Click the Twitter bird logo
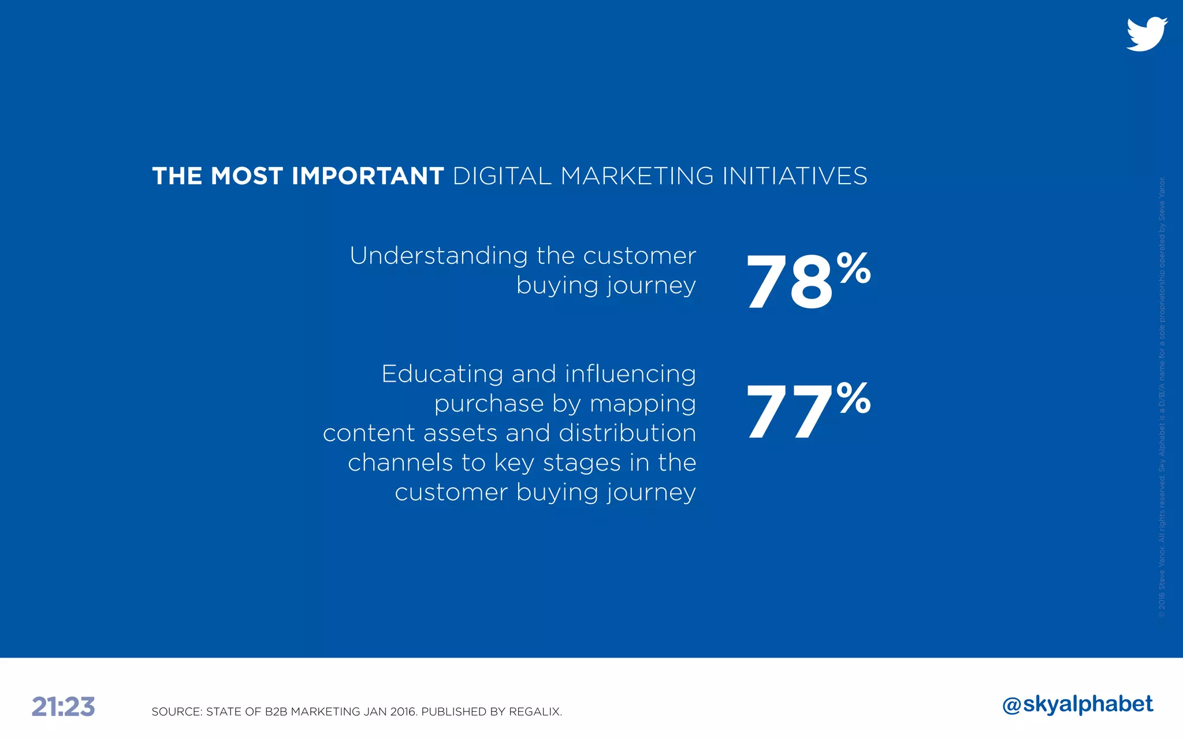click(1147, 34)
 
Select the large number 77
click(789, 412)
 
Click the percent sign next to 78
click(854, 268)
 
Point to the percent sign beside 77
click(854, 398)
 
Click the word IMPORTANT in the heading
click(368, 176)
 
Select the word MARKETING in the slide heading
click(637, 176)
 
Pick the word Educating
click(442, 374)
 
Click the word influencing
click(630, 374)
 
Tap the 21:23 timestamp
click(63, 707)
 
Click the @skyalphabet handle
click(1078, 704)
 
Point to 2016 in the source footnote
click(403, 712)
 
